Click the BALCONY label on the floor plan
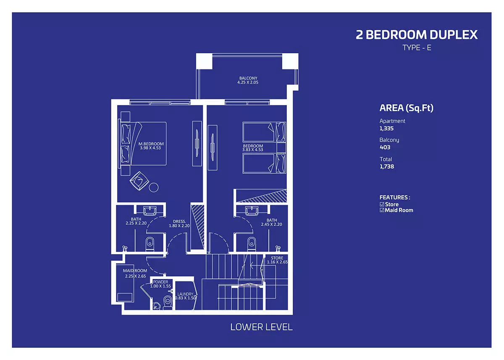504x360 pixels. [248, 78]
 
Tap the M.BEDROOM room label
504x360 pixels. [151, 144]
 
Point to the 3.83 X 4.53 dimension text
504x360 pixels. [253, 150]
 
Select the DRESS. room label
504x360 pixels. [179, 221]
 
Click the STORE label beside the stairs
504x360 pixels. [277, 258]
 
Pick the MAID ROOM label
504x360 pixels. [135, 271]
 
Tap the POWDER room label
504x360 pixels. [160, 282]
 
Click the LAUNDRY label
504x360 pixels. [185, 294]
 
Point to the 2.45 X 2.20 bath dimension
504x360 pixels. [271, 224]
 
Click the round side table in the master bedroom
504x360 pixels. [154, 187]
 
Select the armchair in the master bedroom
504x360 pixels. [139, 181]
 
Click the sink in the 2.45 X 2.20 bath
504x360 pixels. [252, 211]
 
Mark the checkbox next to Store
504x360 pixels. [382, 204]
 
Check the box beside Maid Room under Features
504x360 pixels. [382, 210]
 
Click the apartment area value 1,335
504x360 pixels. [386, 129]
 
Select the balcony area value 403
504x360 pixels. [385, 147]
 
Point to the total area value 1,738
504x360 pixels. [387, 166]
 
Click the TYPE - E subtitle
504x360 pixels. [417, 48]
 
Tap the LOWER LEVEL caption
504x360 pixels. [261, 327]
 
